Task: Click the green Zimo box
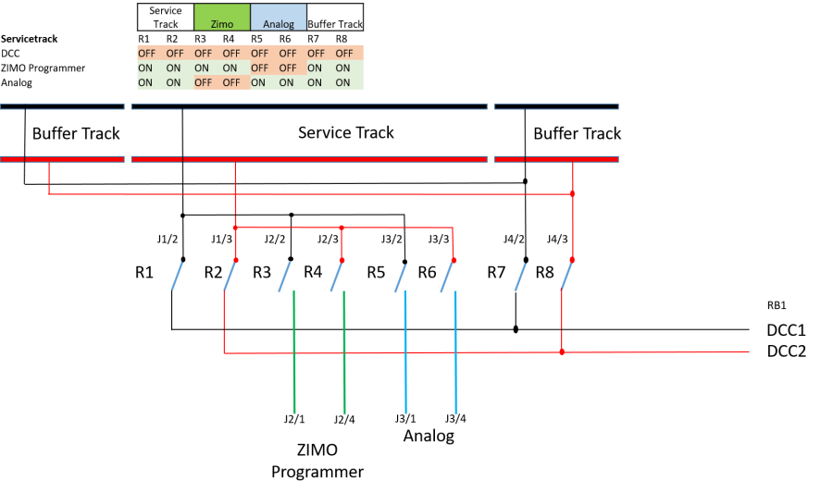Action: click(222, 17)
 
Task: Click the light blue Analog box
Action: click(279, 17)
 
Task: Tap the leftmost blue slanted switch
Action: click(177, 277)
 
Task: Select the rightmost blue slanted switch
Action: click(567, 277)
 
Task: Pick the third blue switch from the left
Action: click(284, 277)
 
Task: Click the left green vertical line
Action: click(294, 352)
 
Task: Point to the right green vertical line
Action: click(344, 352)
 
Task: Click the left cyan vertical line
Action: click(405, 352)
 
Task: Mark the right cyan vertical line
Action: click(455, 352)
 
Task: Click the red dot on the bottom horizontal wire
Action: click(562, 351)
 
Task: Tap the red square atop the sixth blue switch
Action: click(454, 260)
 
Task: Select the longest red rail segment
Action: click(335, 159)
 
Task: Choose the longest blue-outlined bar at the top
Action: click(335, 106)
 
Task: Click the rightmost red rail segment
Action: click(572, 159)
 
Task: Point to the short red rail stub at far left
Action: click(12, 159)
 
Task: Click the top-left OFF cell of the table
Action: click(147, 53)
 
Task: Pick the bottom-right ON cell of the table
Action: click(343, 82)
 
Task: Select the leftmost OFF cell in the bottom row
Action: click(204, 82)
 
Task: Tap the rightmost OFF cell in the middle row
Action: click(287, 68)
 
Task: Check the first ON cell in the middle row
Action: click(145, 68)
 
